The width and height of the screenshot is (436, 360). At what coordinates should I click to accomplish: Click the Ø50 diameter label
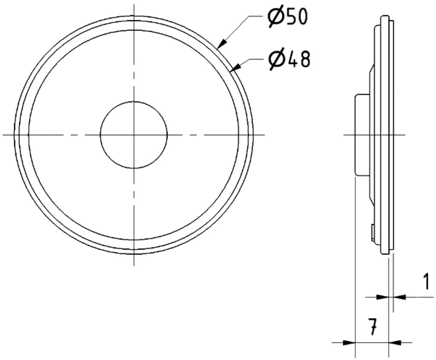(x=288, y=17)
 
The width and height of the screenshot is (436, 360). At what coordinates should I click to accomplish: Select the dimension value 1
(x=425, y=281)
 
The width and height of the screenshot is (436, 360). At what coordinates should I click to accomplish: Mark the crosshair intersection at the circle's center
(x=134, y=135)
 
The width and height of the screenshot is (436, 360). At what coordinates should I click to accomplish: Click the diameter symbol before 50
(x=276, y=17)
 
